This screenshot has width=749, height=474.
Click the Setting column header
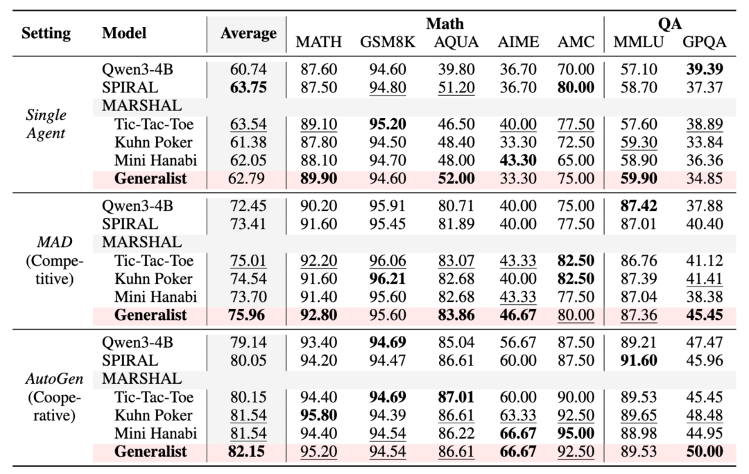pyautogui.click(x=46, y=33)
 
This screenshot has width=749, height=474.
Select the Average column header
pyautogui.click(x=248, y=33)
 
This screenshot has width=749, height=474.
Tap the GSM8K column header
pyautogui.click(x=387, y=42)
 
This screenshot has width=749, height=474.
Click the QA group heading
pyautogui.click(x=670, y=24)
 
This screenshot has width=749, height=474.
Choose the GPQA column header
pyautogui.click(x=705, y=42)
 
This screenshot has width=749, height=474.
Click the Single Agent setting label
pyautogui.click(x=46, y=124)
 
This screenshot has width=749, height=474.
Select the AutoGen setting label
pyautogui.click(x=46, y=379)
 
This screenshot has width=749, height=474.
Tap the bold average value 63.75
pyautogui.click(x=248, y=88)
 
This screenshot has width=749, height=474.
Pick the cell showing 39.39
pyautogui.click(x=705, y=70)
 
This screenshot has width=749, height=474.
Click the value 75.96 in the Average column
pyautogui.click(x=248, y=315)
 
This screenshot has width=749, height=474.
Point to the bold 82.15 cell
pyautogui.click(x=248, y=452)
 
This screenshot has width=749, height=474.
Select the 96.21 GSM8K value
pyautogui.click(x=387, y=279)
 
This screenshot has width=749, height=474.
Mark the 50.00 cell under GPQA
pyautogui.click(x=705, y=452)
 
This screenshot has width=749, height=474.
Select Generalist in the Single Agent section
pyautogui.click(x=150, y=178)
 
